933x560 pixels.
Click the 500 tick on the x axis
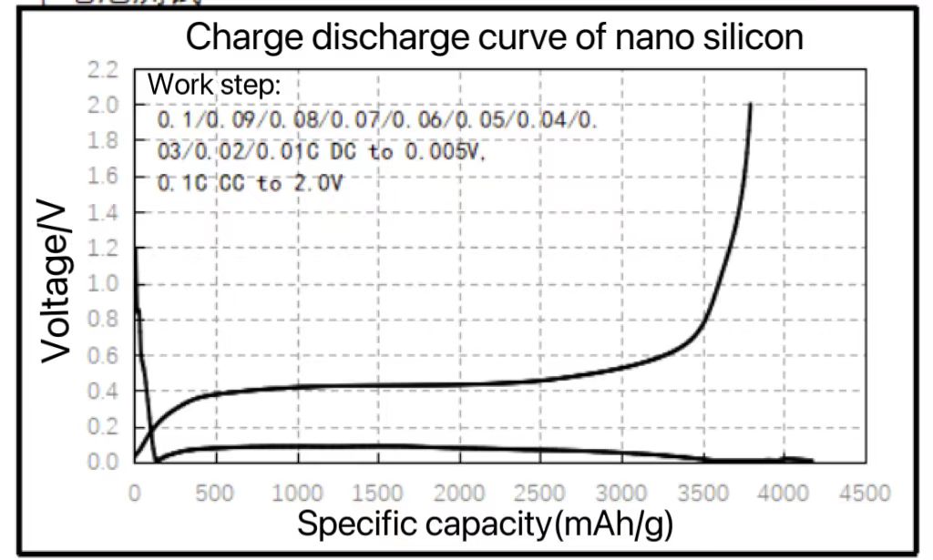[x=215, y=493]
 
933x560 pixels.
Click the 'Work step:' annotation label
[x=215, y=86]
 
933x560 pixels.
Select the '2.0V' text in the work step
[x=321, y=183]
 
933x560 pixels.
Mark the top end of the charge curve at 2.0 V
[x=751, y=104]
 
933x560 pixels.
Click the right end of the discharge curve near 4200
[x=812, y=462]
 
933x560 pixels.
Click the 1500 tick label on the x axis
[x=377, y=493]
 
